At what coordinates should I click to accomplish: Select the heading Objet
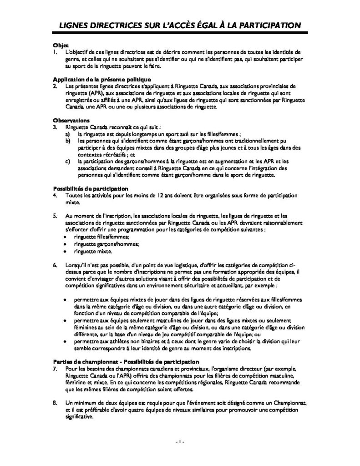point(61,46)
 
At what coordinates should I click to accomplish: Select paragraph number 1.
point(55,52)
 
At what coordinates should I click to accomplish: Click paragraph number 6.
point(55,265)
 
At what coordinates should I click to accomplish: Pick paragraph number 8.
point(55,403)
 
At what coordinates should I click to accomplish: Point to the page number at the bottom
point(179,443)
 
